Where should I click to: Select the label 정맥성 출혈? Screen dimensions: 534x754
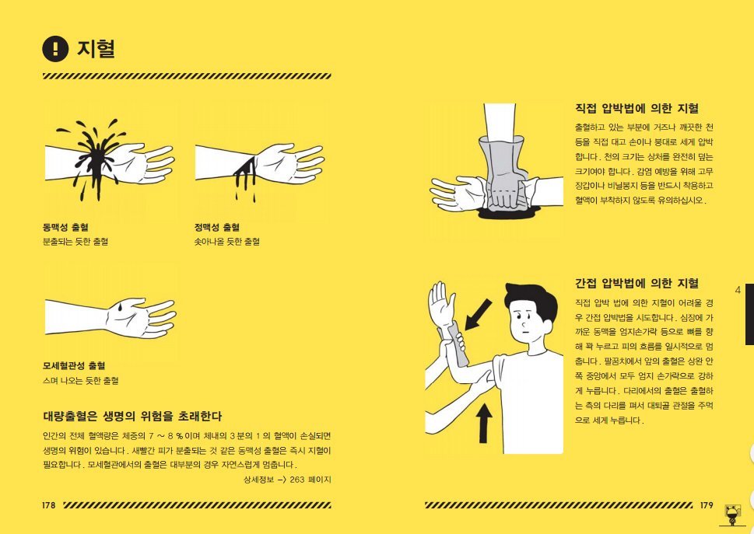point(217,228)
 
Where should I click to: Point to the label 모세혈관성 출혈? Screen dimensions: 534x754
point(75,365)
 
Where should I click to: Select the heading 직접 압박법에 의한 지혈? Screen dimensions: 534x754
point(637,109)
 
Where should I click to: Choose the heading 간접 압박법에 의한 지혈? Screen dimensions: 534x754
point(637,283)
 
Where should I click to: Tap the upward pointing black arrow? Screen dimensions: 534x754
point(485,423)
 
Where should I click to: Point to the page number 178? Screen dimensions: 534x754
point(49,504)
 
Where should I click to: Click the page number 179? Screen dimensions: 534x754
point(706,504)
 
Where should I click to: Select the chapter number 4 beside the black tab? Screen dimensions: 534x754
point(738,290)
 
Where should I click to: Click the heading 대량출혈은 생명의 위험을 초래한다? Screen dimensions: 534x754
point(133,416)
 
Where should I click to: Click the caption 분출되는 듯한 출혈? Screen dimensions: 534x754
point(75,242)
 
